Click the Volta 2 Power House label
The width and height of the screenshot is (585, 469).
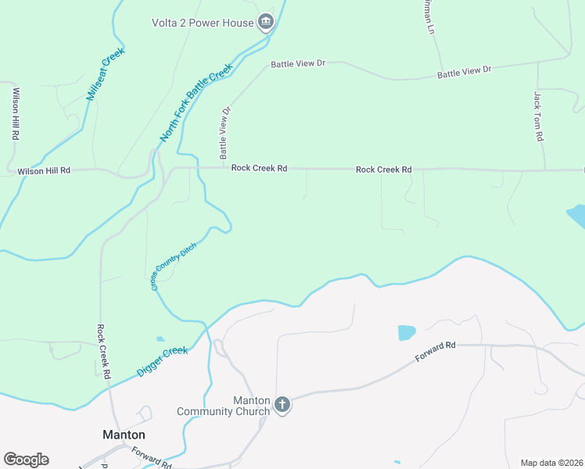click(203, 23)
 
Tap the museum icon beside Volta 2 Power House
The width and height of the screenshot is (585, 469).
click(266, 22)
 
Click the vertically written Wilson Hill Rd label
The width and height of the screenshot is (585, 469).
click(16, 113)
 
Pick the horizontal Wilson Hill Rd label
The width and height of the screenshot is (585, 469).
click(44, 170)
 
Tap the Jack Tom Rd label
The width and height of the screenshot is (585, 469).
click(538, 116)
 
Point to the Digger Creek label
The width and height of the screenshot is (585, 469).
click(163, 362)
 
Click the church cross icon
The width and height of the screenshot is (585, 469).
click(282, 405)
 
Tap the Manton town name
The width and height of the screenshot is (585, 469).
click(124, 435)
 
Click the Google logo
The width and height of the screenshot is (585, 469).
click(26, 460)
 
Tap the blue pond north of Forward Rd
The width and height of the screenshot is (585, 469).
click(407, 332)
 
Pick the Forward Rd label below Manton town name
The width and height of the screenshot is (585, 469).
click(151, 457)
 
